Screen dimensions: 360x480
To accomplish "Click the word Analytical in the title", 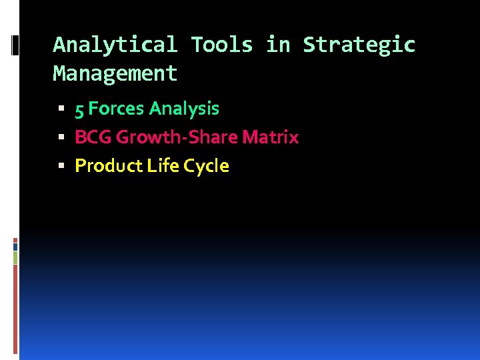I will pos(115,45).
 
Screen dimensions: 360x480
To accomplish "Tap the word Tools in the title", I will pos(222,45).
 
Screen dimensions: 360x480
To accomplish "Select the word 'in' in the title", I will pos(279,45).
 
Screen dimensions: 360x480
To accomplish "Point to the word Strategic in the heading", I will pos(359,45).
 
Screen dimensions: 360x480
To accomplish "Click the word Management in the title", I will pos(115,73).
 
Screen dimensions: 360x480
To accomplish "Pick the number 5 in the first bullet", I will pos(79,109).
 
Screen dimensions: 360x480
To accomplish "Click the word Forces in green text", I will pos(116,109).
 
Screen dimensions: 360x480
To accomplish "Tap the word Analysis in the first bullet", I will pos(184,109).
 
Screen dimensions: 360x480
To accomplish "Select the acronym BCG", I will pos(93,137).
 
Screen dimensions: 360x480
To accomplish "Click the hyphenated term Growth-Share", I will pos(177,137).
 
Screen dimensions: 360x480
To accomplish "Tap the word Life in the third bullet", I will pos(159,166).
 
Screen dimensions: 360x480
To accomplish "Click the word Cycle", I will pos(206,166).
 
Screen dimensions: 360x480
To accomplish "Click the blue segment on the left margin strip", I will pos(15,246).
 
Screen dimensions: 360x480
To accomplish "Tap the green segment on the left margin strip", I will pos(15,257).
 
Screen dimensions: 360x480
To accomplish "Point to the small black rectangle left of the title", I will pos(15,45).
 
